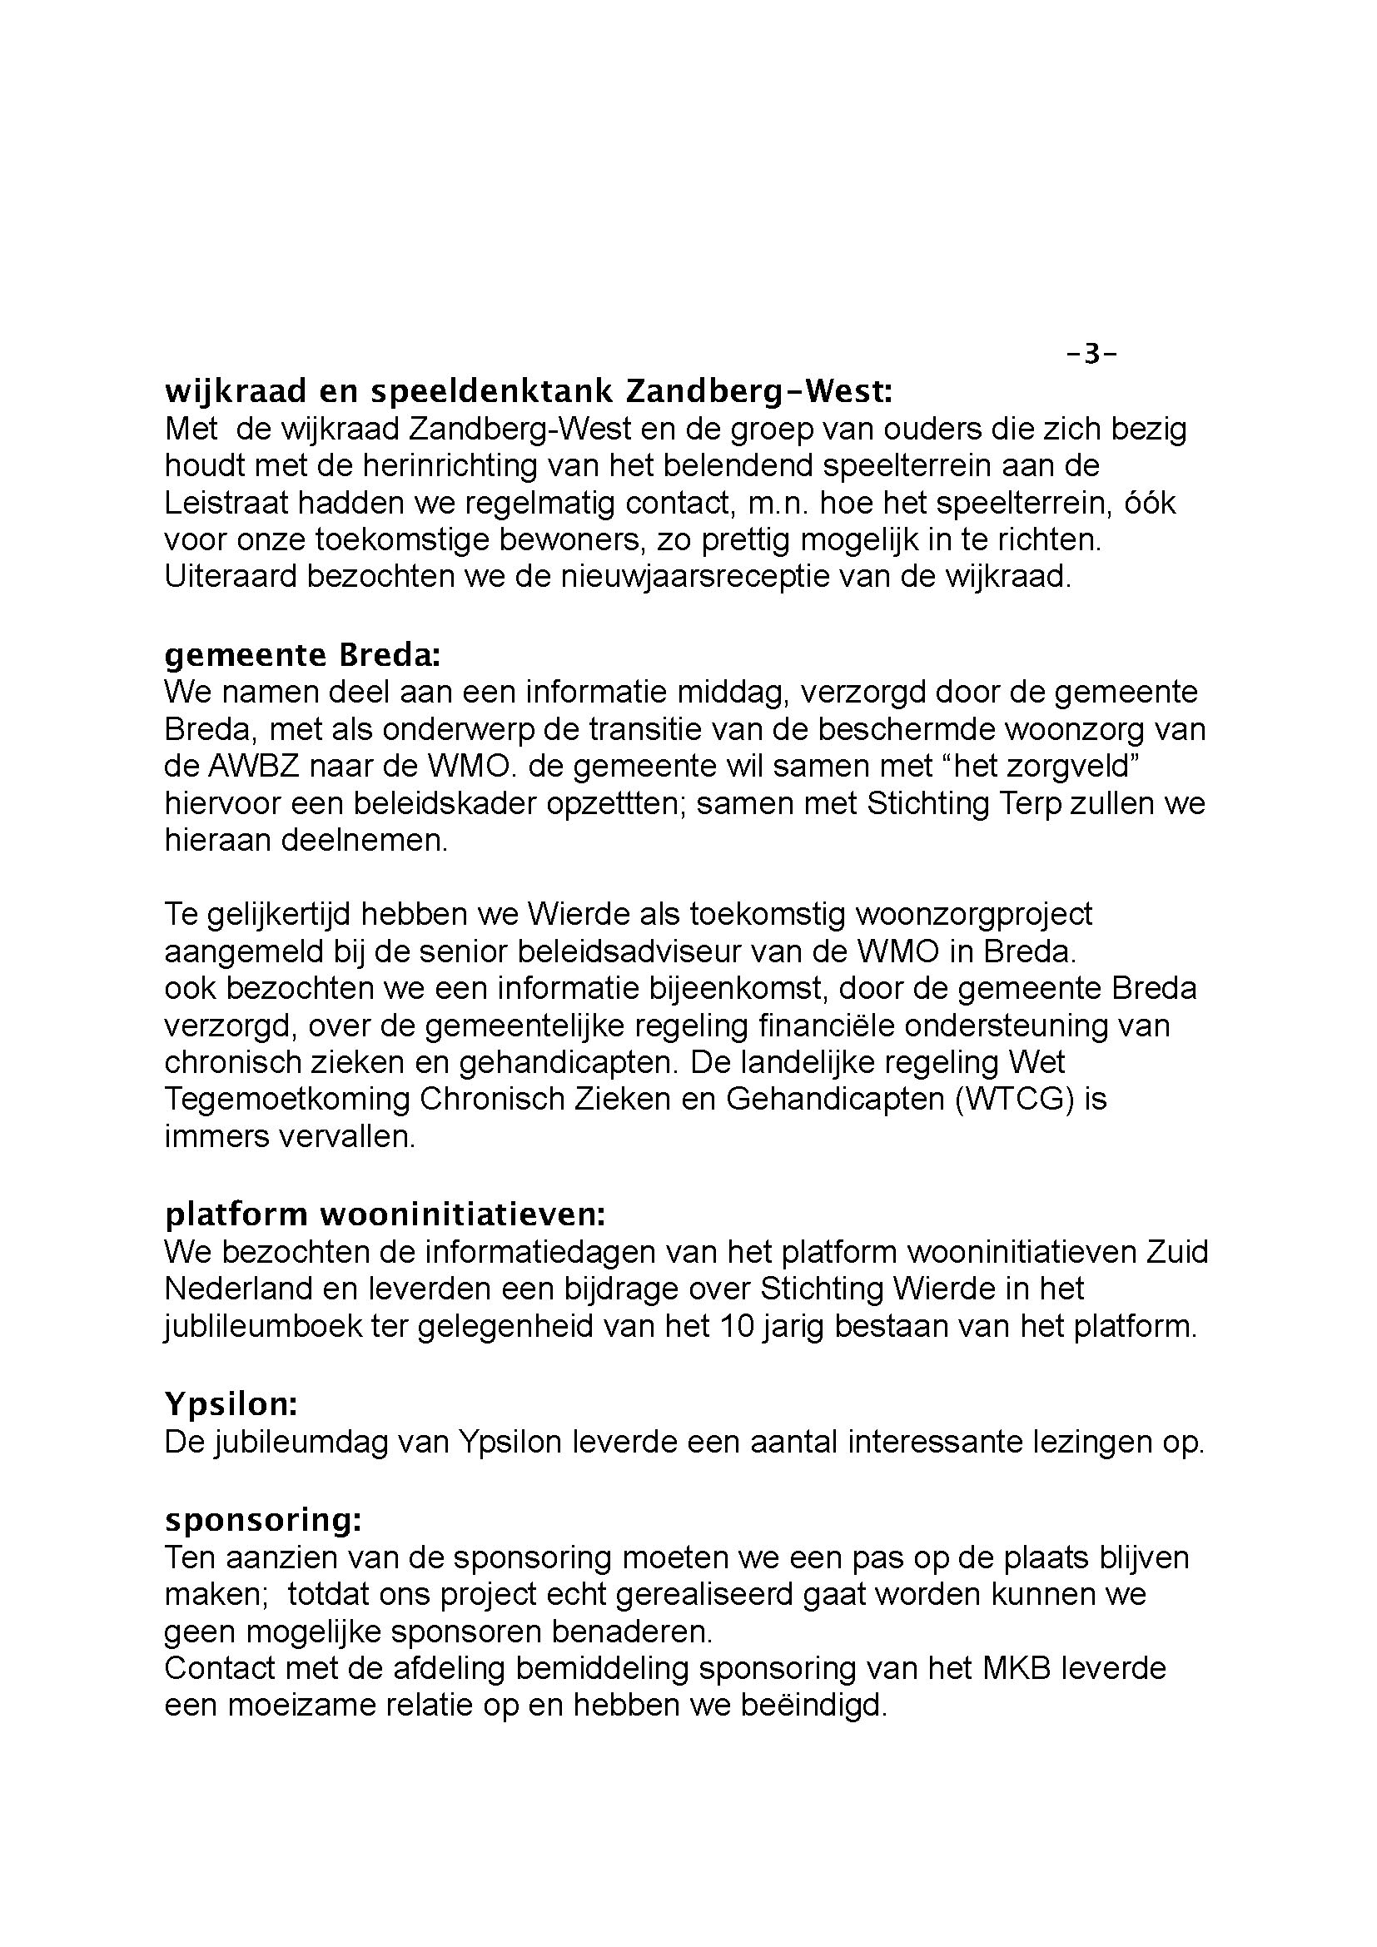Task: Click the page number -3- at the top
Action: click(x=1091, y=354)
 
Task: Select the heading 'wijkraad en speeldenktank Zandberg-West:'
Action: click(x=529, y=393)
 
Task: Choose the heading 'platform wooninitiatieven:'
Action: click(x=385, y=1215)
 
